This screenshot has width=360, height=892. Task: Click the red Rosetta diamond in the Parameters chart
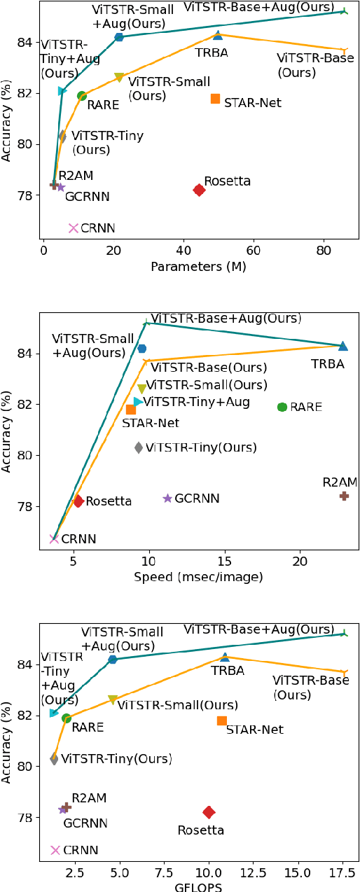pos(199,190)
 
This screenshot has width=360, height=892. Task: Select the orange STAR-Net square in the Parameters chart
pos(215,99)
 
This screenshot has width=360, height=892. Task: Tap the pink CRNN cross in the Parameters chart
pos(74,228)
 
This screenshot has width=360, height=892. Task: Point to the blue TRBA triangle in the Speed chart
pos(342,346)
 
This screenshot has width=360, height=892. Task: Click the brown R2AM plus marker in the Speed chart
pos(344,496)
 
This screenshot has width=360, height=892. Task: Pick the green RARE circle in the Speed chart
pos(282,407)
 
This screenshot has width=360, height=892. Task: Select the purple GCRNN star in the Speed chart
pos(167,499)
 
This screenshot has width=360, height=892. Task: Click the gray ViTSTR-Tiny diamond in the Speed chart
pos(139,447)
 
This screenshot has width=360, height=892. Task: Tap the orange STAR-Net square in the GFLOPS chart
pos(222,720)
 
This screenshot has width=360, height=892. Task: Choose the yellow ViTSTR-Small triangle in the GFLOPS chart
pos(113,700)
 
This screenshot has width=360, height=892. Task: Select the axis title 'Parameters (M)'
pos(199,266)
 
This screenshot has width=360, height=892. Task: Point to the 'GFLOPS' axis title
pos(199,886)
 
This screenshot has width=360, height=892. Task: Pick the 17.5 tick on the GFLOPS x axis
pos(342,871)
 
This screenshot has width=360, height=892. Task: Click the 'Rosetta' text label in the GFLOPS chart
pos(200,830)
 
